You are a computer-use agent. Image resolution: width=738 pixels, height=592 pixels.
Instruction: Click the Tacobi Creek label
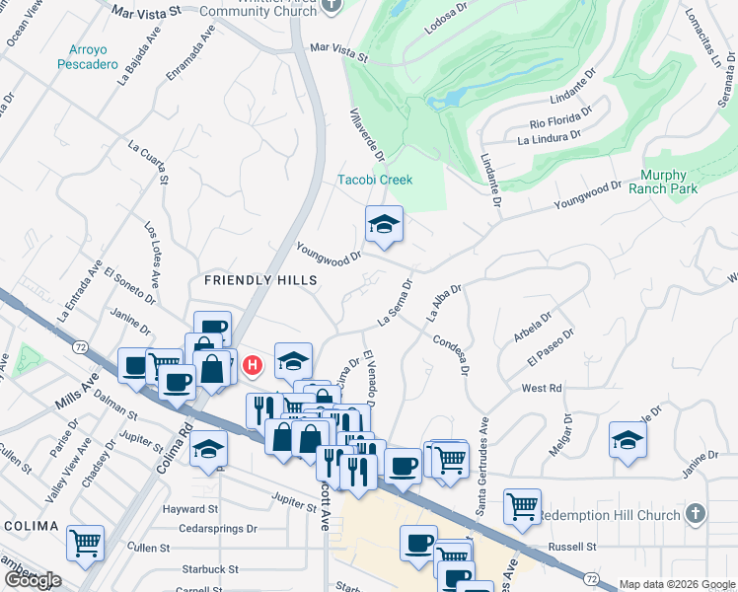click(x=375, y=180)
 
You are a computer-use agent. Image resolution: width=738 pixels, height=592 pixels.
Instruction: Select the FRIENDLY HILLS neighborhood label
click(x=260, y=280)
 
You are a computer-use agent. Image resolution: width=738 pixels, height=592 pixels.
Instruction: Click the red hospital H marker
click(x=253, y=366)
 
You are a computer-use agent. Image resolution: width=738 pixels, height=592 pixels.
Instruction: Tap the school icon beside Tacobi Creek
click(x=384, y=225)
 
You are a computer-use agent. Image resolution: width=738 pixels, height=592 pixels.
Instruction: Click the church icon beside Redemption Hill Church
click(x=696, y=514)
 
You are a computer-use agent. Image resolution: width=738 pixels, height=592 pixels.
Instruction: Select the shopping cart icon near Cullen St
click(x=86, y=542)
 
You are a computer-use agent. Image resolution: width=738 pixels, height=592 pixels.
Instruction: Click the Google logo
click(x=32, y=580)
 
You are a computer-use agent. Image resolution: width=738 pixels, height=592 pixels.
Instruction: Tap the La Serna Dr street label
click(x=395, y=303)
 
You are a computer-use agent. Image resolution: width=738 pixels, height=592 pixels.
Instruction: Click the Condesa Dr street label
click(x=446, y=352)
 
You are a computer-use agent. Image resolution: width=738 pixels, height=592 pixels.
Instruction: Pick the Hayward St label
click(x=191, y=509)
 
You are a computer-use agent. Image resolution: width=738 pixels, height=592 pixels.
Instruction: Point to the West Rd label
click(x=542, y=389)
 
